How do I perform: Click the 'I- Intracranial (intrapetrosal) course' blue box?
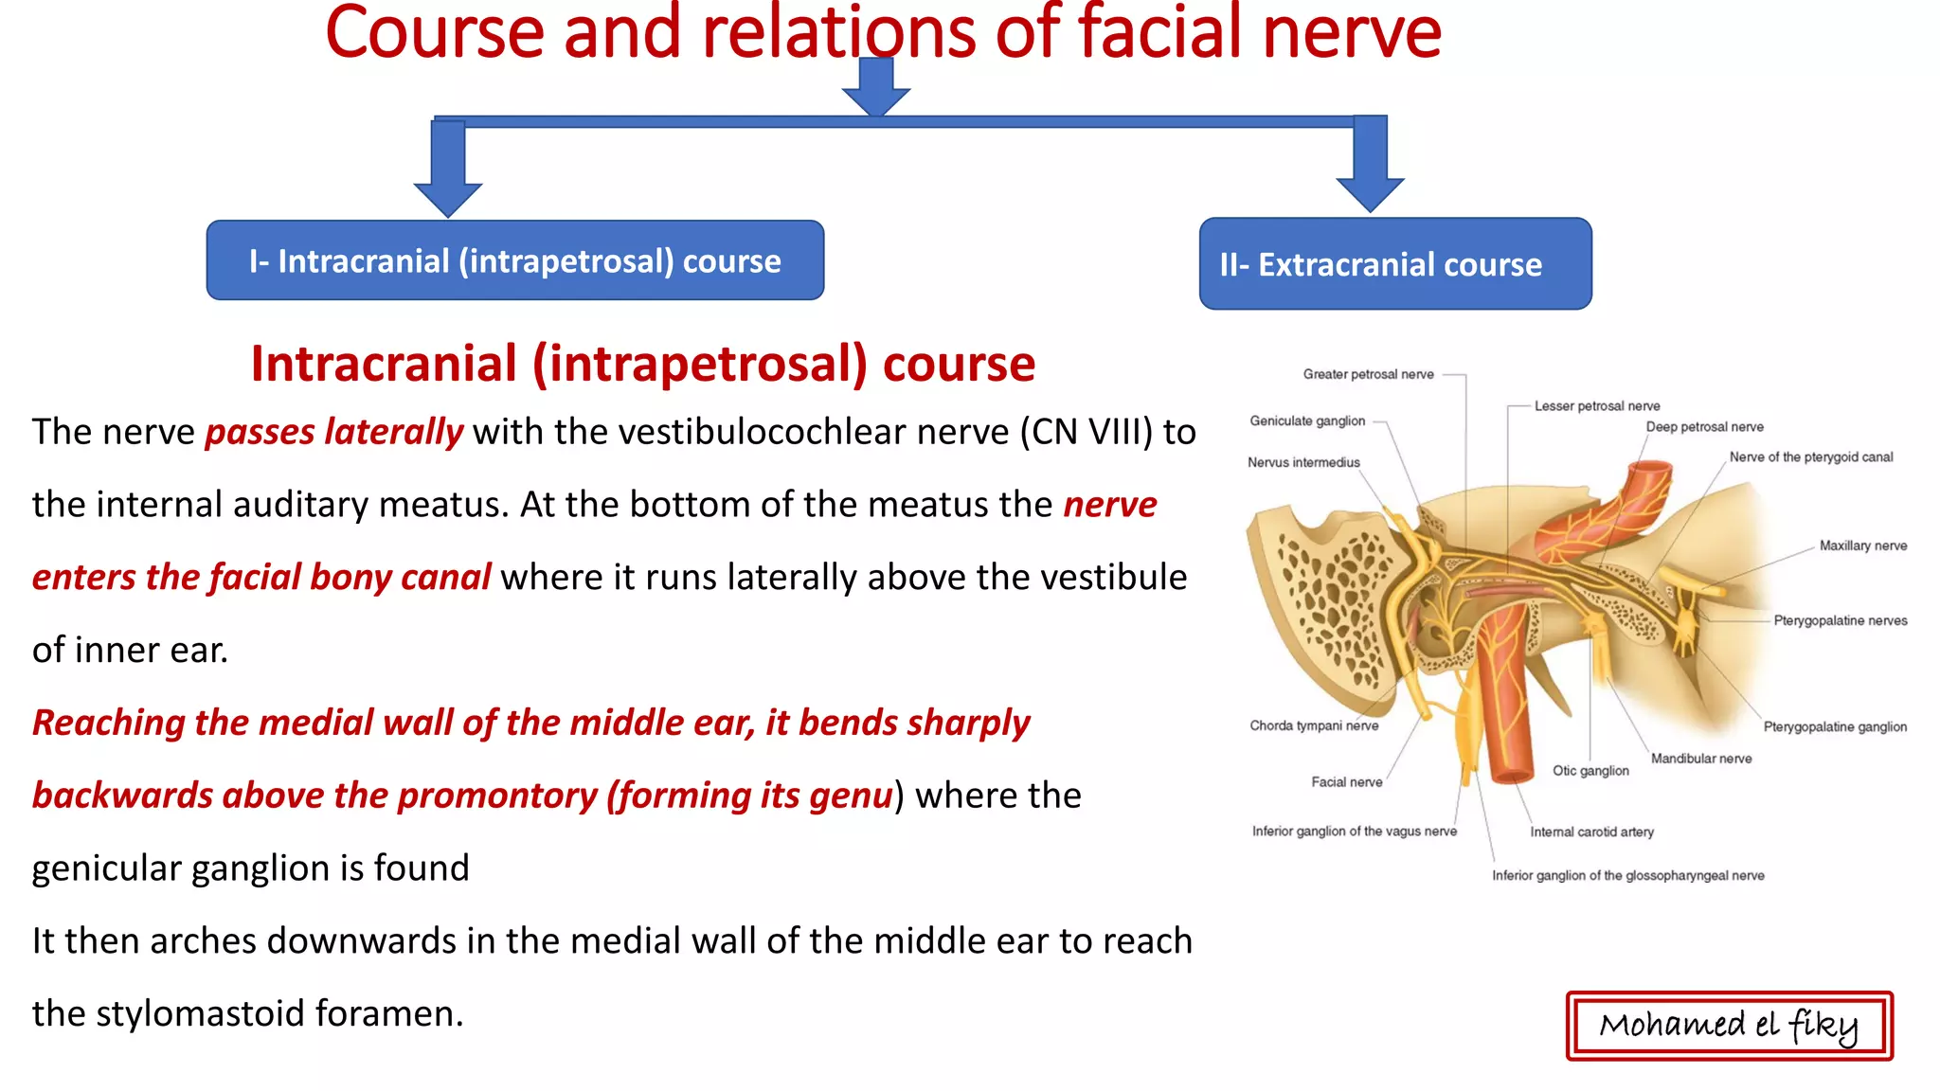514,260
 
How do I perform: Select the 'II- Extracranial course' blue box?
1394,264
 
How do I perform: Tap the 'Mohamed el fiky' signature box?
1729,1026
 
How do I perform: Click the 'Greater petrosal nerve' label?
1368,374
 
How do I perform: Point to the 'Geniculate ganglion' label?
1307,420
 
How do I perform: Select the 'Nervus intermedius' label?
1303,462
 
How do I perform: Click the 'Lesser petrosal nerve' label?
1597,405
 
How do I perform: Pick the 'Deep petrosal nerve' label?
1704,426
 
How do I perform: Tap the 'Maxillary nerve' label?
1862,545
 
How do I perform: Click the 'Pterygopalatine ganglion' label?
1835,726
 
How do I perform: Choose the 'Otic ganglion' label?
1590,770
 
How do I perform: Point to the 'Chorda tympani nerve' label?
1314,725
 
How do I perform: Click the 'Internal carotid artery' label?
1591,832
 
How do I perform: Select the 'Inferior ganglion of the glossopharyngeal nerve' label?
1627,875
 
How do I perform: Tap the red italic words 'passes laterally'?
333,432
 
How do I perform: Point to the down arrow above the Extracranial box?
1370,164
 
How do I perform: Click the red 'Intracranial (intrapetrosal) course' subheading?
642,364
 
